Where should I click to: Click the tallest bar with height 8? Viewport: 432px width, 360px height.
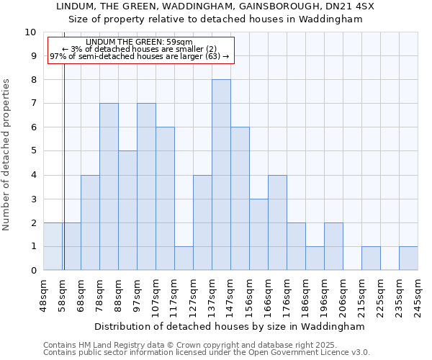pyautogui.click(x=221, y=175)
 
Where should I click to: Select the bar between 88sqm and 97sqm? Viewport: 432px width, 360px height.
pyautogui.click(x=127, y=210)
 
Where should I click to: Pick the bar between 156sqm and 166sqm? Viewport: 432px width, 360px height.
pyautogui.click(x=258, y=234)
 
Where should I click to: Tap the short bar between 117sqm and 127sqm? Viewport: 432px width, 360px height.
pyautogui.click(x=184, y=258)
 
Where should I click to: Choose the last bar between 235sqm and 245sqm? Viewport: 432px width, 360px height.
pyautogui.click(x=408, y=258)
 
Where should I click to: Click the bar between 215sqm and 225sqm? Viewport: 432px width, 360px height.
pyautogui.click(x=371, y=258)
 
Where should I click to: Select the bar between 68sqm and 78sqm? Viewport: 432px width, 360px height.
pyautogui.click(x=90, y=222)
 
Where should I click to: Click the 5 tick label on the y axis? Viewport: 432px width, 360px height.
pyautogui.click(x=32, y=151)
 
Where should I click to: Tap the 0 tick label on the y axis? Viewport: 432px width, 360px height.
pyautogui.click(x=32, y=271)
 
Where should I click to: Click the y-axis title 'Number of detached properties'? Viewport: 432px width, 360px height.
pyautogui.click(x=7, y=155)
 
